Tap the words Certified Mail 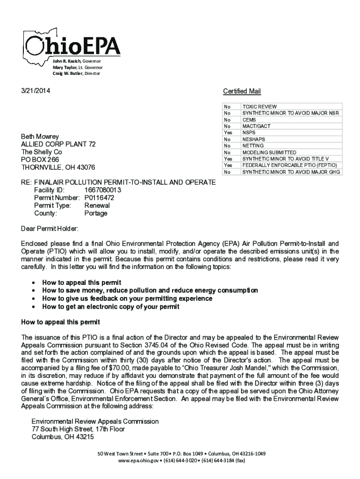coord(242,91)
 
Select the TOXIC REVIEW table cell coord(259,107)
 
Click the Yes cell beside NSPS coord(228,133)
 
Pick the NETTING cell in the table coord(253,146)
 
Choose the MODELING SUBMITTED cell coord(269,152)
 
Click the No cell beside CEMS coord(228,120)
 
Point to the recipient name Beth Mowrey coord(40,137)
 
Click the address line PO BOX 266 coord(40,160)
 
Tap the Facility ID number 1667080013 coord(102,190)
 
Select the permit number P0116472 coord(99,198)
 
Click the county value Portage coord(96,213)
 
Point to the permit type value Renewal coord(97,205)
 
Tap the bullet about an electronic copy coord(111,307)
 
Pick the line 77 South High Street coord(78,429)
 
